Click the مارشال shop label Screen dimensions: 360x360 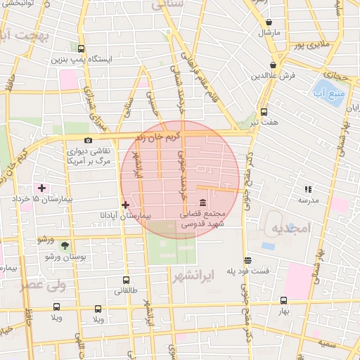269,32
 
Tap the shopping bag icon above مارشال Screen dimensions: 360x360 270,22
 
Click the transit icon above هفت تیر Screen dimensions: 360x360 264,112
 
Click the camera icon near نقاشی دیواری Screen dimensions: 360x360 88,141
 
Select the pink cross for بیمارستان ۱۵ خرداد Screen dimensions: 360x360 42,188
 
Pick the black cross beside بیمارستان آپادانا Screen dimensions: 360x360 125,205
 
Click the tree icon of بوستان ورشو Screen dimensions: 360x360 65,245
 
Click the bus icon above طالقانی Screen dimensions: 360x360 126,280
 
